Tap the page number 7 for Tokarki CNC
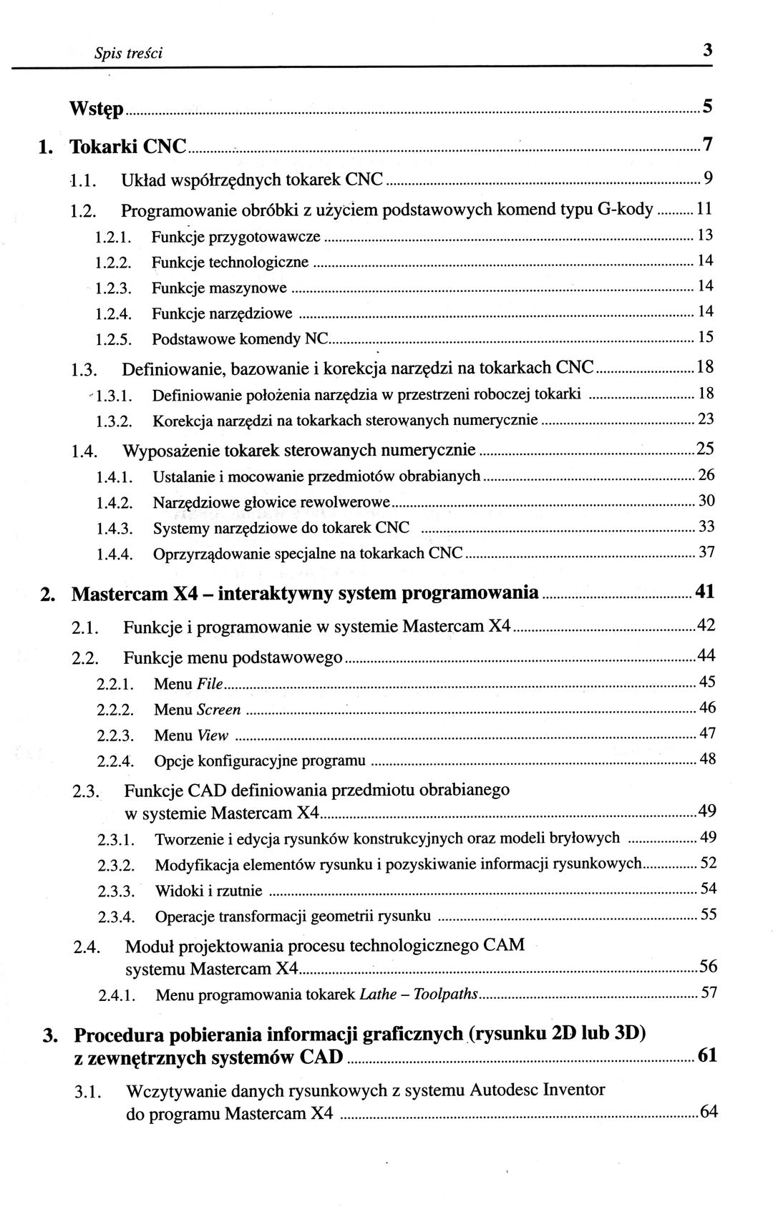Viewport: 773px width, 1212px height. pos(707,145)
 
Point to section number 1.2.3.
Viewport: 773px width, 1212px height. pos(115,288)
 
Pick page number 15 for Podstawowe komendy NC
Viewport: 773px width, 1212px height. pos(706,337)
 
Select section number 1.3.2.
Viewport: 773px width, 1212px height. pos(115,421)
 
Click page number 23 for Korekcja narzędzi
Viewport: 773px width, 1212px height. pos(706,419)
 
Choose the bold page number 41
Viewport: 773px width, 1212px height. pos(705,592)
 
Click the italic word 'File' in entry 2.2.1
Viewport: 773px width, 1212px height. pos(210,685)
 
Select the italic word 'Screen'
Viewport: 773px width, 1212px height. pos(219,710)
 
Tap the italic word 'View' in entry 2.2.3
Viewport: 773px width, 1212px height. pos(213,735)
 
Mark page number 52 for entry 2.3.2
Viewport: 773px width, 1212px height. pos(708,863)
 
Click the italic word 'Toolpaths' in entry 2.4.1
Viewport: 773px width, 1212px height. pos(446,994)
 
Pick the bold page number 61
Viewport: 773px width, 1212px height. pos(707,1055)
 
